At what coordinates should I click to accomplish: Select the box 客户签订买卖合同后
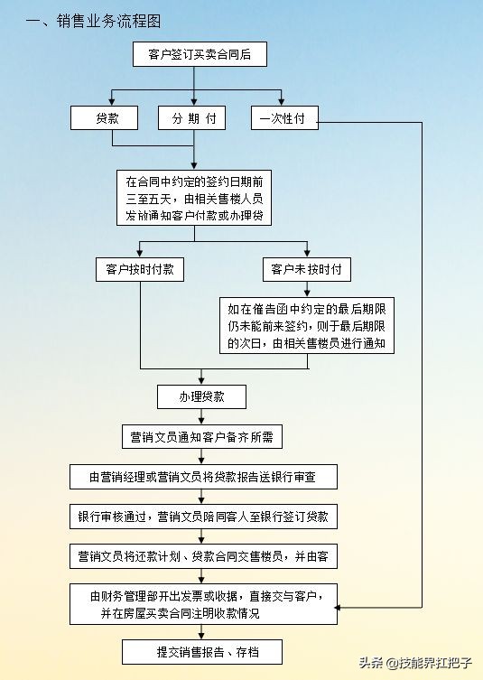[199, 56]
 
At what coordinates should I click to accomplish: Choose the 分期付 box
[193, 118]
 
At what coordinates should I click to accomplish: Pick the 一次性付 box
[283, 118]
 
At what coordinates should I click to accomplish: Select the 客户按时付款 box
[139, 269]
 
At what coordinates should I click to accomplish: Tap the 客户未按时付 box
[307, 269]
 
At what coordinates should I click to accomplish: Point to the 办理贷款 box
[201, 396]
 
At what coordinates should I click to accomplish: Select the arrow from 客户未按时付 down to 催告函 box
[307, 289]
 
